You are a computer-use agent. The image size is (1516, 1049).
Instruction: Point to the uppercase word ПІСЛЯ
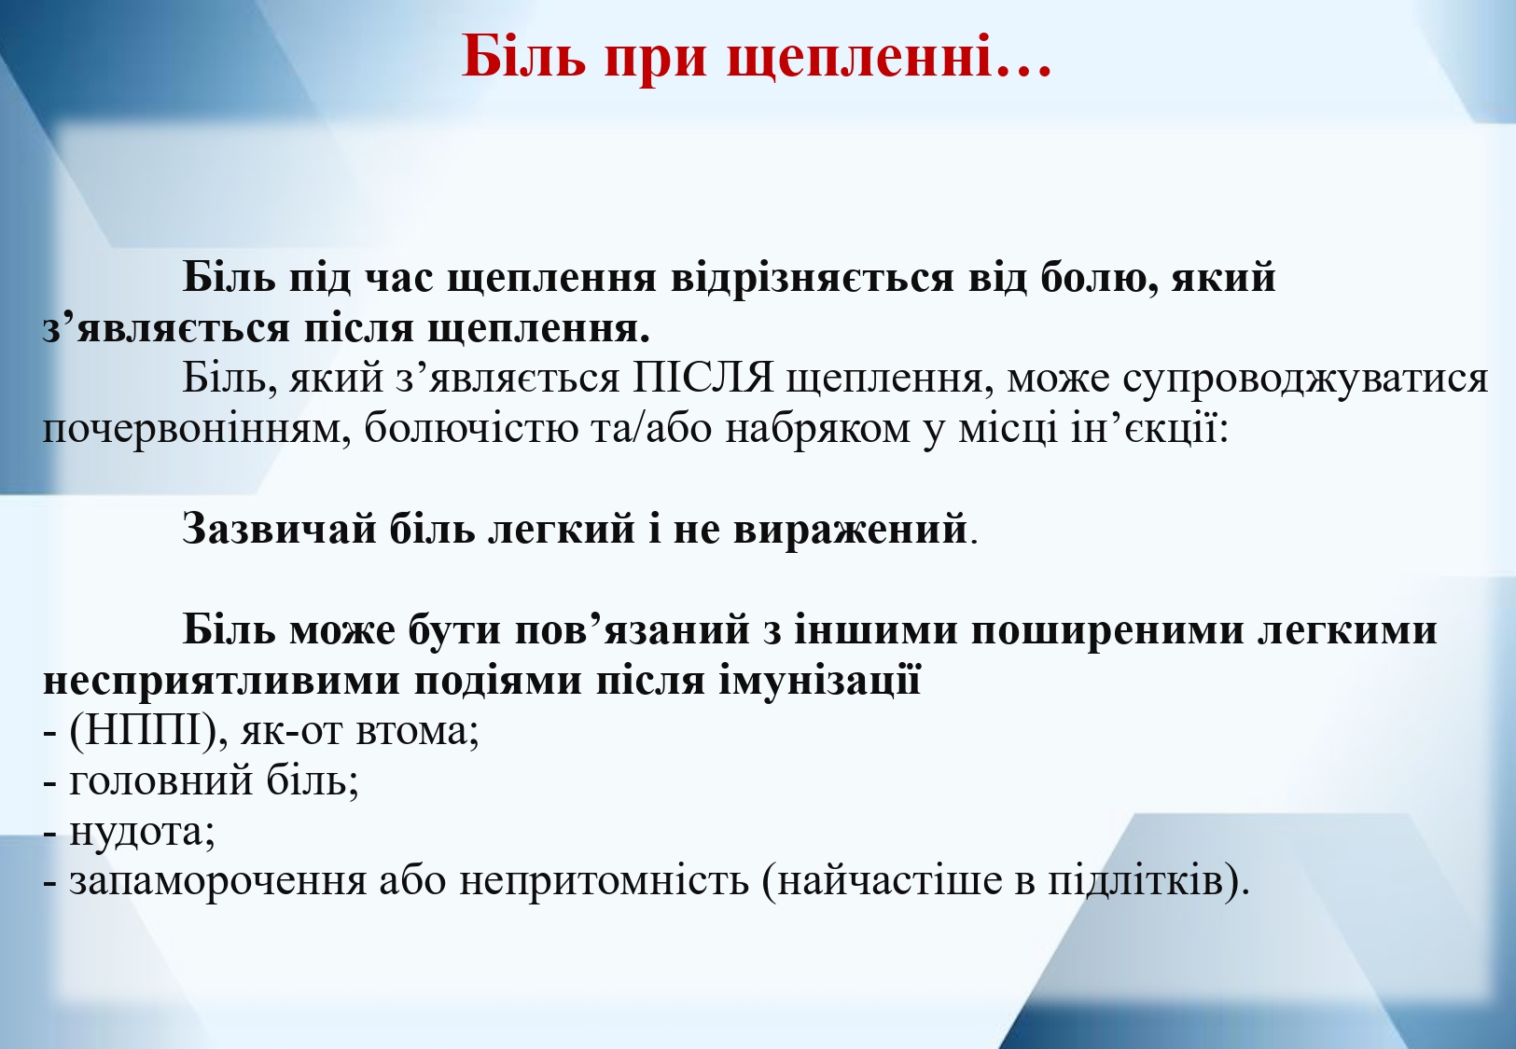703,378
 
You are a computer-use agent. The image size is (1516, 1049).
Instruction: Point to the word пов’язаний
633,629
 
